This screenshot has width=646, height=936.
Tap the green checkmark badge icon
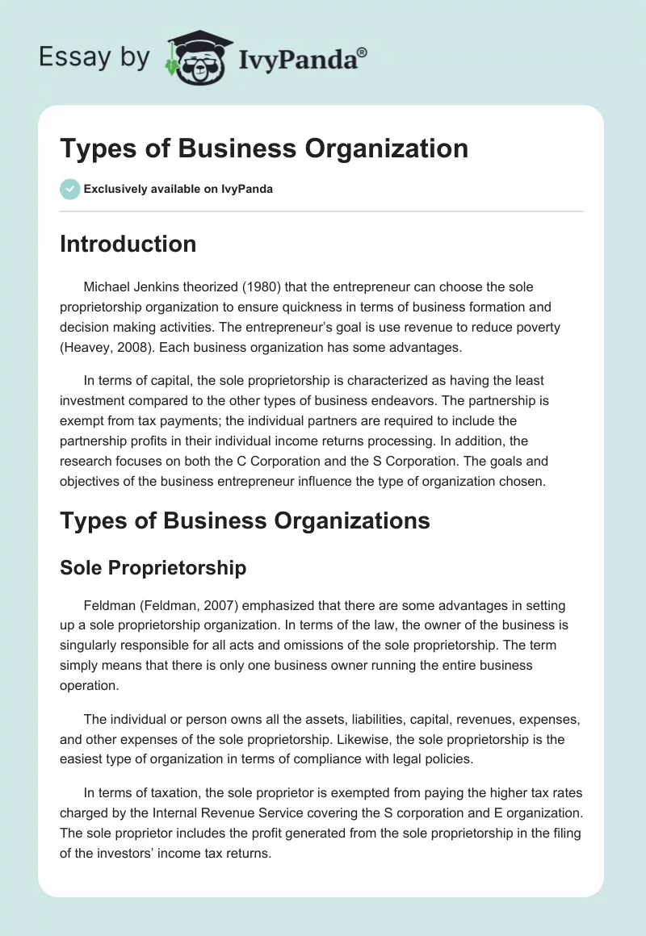(69, 189)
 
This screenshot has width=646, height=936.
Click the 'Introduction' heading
(128, 244)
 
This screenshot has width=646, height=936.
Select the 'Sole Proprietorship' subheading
(153, 567)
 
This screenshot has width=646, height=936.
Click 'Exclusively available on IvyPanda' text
(178, 189)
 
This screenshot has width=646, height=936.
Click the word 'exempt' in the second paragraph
(84, 420)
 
